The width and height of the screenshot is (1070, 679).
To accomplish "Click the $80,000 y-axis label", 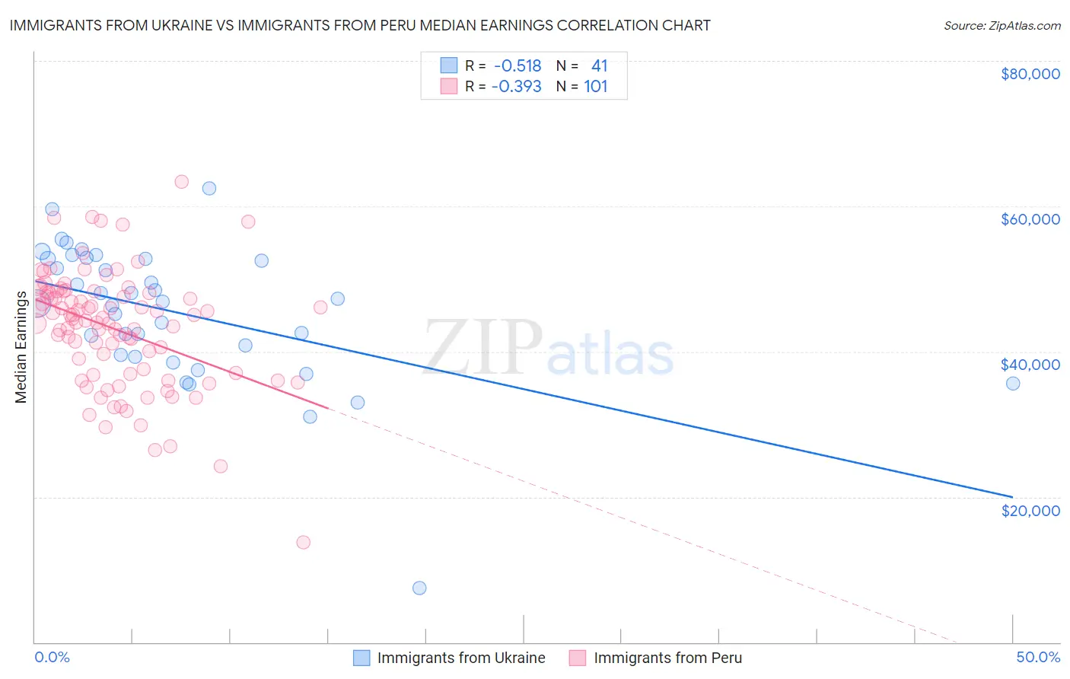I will pos(1030,74).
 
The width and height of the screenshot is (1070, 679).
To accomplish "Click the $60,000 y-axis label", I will pos(1030,219).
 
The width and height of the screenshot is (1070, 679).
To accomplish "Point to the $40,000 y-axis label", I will pos(1030,365).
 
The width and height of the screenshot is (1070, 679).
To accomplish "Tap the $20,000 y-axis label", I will pos(1030,510).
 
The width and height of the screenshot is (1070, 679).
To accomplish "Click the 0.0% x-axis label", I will pos(52,657).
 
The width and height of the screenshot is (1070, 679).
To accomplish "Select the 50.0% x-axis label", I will pos(1038,657).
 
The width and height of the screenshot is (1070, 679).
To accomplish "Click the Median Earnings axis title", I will pos(21,347).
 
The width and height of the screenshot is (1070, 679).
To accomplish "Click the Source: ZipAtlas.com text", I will pos(1002,25).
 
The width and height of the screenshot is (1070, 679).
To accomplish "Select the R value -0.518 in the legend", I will pos(517,66).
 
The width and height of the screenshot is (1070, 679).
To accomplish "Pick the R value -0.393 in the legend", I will pos(517,87).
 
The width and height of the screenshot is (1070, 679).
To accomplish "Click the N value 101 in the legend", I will pos(596,87).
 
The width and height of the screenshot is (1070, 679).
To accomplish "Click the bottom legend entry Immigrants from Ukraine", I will pos(460,658).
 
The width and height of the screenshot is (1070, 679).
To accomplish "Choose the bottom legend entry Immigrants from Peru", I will pos(667,658).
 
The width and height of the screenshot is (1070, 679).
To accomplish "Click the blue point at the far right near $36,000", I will pos(1013,384).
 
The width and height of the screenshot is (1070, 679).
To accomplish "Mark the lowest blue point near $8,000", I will pos(419,588).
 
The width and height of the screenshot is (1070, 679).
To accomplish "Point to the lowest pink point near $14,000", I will pos(303,542).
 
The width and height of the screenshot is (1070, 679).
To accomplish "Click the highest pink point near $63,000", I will pos(181,181).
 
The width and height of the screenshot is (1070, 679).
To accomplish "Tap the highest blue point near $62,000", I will pos(209,188).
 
